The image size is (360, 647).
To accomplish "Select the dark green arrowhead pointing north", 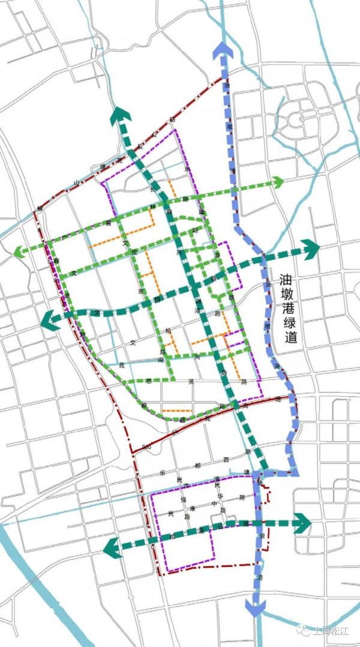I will (122, 114).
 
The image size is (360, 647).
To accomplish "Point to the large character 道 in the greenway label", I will (292, 337).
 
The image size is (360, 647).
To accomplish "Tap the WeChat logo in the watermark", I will (306, 631).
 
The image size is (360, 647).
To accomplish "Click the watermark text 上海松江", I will (332, 631).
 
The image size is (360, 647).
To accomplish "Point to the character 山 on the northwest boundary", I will (77, 182).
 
